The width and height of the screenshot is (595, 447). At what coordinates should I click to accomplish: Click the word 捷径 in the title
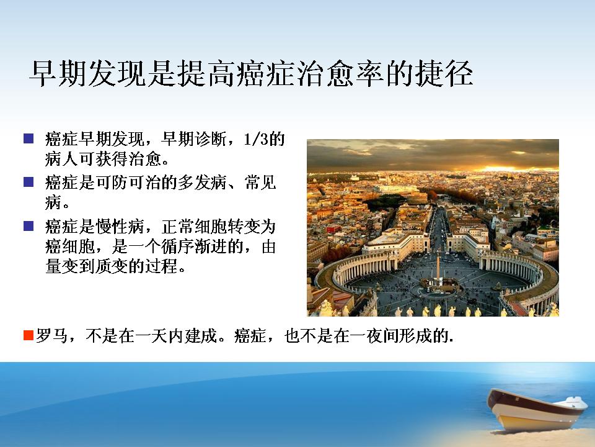(444, 73)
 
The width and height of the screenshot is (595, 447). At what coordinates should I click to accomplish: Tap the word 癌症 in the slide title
(267, 73)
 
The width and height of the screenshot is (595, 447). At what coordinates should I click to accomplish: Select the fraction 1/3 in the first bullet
(256, 139)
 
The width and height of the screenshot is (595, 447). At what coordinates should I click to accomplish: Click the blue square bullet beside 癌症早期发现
(29, 138)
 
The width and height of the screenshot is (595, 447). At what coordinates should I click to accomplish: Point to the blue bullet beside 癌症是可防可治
(29, 182)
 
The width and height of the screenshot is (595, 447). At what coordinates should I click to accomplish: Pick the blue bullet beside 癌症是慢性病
(29, 226)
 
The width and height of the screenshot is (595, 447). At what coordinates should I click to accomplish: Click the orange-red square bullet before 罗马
(29, 335)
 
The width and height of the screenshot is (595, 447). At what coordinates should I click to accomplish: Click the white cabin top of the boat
(576, 400)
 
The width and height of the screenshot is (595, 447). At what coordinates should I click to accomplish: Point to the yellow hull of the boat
(531, 416)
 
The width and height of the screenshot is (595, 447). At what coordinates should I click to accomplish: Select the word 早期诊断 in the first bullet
(194, 139)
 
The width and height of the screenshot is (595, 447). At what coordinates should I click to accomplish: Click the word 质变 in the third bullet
(112, 267)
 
